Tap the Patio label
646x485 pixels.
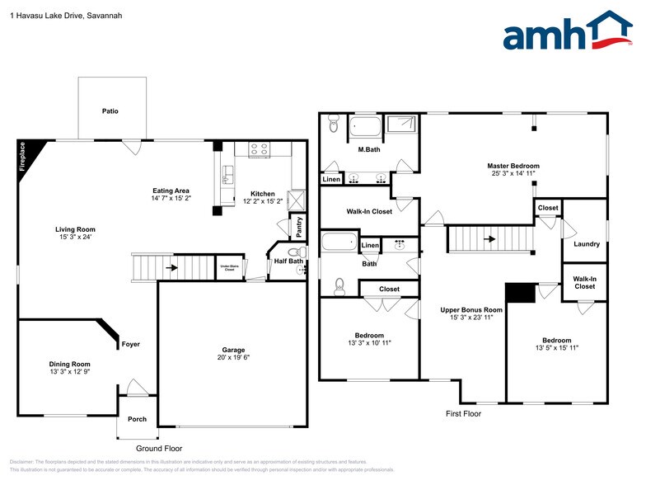coord(110,111)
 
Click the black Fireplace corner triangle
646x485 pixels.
coord(25,153)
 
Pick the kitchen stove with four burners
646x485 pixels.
coord(260,149)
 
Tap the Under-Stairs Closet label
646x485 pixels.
coord(230,268)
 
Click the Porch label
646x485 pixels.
coord(137,419)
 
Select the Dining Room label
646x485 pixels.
coord(69,364)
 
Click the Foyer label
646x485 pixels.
coord(130,344)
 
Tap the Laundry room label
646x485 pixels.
coord(587,244)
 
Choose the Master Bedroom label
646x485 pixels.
coord(513,166)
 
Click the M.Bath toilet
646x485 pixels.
coord(333,125)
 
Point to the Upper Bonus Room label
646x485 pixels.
coord(471,310)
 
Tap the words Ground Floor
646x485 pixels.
coord(159,449)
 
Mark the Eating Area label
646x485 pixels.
coord(171,191)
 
